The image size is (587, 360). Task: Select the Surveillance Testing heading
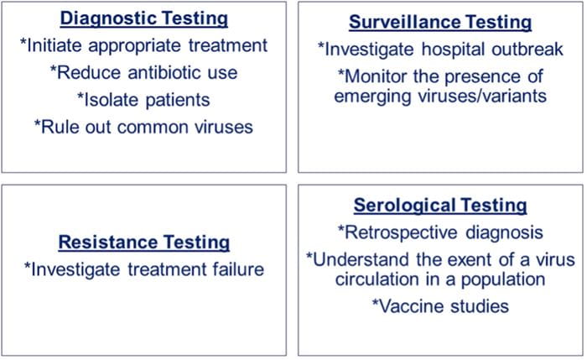pos(439,22)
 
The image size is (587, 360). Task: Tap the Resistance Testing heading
pos(144,243)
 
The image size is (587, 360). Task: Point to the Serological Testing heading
pos(439,205)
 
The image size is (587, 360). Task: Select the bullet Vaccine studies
pos(439,306)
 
